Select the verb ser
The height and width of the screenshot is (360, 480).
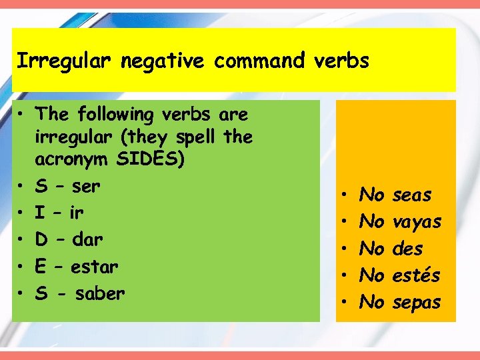click(87, 187)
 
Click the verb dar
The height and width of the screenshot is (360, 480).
click(89, 240)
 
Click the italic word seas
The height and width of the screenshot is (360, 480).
click(412, 195)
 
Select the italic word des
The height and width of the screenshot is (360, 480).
click(408, 249)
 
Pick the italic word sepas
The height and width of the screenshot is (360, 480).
click(417, 302)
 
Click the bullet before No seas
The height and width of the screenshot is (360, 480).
click(343, 196)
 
